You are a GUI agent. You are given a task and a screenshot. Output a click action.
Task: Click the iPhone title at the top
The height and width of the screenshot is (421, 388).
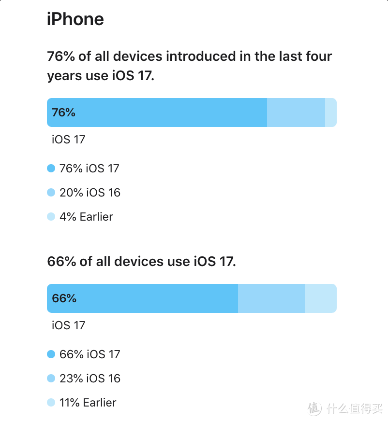[x=75, y=19]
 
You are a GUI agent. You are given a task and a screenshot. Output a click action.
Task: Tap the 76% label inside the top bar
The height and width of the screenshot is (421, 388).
[x=64, y=112]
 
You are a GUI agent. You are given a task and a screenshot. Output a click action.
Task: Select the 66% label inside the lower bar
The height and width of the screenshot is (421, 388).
[x=64, y=298]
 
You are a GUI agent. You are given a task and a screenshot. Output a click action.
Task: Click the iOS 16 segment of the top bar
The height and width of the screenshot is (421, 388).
[x=296, y=112]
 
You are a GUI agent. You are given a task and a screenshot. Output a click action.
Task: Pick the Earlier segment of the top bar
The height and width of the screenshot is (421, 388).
[x=330, y=112]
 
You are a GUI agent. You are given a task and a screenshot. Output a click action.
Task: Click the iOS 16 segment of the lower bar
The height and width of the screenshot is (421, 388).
[x=271, y=298]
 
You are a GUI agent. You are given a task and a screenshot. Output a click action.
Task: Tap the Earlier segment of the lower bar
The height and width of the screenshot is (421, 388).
[x=320, y=298]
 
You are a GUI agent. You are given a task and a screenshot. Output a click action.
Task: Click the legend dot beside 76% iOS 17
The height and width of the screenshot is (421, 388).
[x=51, y=168]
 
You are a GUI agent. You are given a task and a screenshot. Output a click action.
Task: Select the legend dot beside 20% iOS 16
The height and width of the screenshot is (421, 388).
[x=51, y=193]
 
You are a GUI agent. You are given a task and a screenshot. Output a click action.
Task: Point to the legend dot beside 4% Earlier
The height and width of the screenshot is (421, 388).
[x=51, y=217]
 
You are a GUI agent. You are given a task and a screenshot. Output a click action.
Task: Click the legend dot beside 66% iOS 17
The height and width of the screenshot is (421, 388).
[x=51, y=354]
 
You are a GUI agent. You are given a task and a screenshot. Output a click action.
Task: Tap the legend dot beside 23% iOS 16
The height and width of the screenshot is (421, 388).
[x=51, y=379]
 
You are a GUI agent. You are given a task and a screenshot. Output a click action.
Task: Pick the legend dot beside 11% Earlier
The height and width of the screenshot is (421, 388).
[x=51, y=402]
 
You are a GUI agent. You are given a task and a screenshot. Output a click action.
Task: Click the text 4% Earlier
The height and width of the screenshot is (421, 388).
[x=86, y=217]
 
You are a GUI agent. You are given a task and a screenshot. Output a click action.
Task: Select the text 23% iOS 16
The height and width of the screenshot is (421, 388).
[x=90, y=379]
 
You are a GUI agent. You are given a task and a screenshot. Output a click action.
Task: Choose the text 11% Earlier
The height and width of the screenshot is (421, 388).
[x=88, y=402]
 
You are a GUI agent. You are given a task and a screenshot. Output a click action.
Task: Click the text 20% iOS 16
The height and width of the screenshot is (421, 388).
[x=90, y=193]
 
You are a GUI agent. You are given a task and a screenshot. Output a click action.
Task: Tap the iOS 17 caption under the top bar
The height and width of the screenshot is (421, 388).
[x=68, y=140]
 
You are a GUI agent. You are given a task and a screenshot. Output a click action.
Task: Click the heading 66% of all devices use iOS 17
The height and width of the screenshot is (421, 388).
[x=142, y=262]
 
